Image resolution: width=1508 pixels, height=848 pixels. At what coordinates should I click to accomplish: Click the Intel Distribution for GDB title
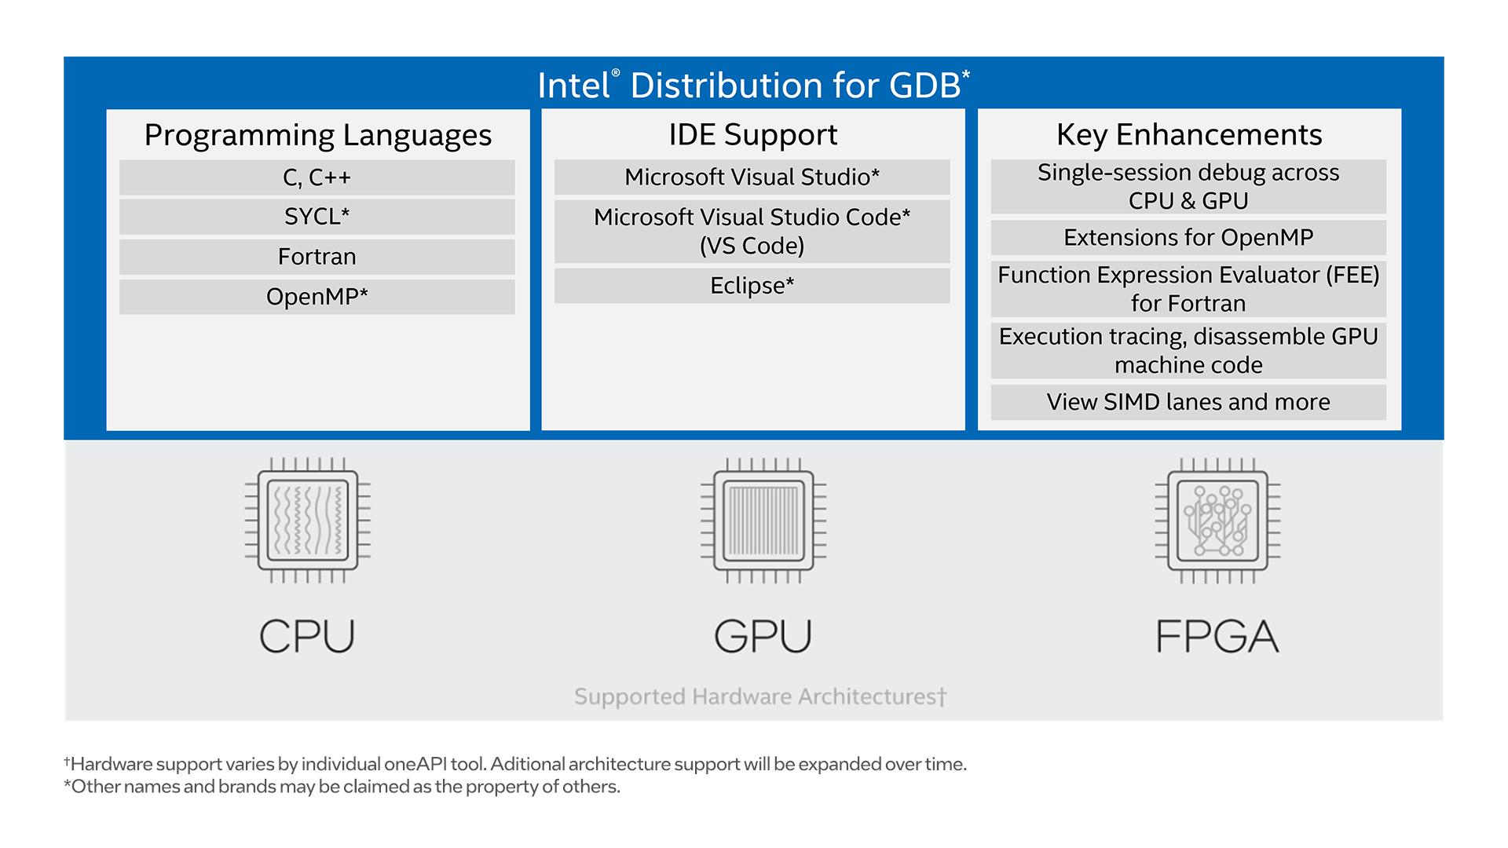752,85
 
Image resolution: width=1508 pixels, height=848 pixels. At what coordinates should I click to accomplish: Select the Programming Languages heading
317,135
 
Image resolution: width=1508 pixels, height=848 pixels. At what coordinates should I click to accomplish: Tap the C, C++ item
317,177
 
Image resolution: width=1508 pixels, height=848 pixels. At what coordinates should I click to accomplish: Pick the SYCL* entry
317,217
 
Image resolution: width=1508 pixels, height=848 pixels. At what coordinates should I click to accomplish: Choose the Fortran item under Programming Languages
317,257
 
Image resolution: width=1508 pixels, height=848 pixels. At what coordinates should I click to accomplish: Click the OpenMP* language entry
317,297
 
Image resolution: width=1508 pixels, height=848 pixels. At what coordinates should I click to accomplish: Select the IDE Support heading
752,134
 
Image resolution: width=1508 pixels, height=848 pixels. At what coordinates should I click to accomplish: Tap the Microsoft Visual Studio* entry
752,177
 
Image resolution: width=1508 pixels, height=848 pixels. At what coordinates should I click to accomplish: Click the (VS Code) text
752,246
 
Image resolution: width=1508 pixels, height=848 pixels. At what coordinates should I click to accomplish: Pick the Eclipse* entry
752,286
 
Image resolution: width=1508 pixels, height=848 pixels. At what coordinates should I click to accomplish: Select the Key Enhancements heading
1188,134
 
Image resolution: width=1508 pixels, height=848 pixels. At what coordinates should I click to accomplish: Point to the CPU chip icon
308,521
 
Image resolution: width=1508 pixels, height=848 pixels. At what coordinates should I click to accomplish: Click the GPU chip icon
763,521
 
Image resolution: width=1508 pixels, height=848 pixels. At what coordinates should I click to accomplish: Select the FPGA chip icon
1217,521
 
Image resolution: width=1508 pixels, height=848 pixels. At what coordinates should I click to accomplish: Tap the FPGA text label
1217,636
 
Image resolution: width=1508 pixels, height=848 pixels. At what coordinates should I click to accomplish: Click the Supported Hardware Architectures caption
759,696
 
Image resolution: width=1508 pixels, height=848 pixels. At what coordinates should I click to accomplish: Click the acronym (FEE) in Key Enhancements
1352,275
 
